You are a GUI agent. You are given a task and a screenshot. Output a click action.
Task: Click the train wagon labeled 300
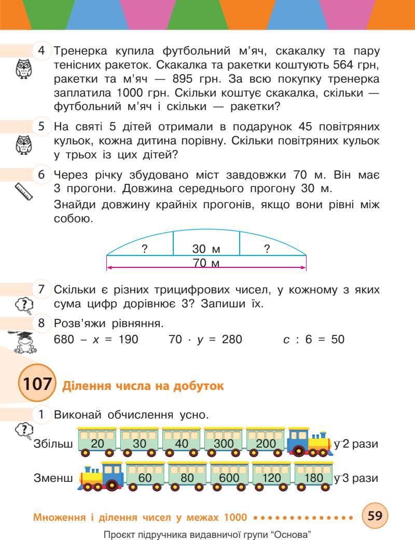click(224, 441)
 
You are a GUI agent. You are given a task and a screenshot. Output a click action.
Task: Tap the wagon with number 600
click(229, 475)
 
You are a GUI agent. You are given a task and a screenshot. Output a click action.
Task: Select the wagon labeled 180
click(313, 475)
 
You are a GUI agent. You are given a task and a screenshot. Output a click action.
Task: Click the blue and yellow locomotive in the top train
click(310, 442)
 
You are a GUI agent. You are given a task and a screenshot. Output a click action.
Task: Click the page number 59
click(375, 516)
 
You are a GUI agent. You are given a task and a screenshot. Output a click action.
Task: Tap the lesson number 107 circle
click(36, 385)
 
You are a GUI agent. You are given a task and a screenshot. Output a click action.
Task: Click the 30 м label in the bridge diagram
click(206, 249)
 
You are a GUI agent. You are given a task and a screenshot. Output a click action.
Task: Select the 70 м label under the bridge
click(206, 263)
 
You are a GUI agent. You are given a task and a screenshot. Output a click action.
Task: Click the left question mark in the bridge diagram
click(145, 249)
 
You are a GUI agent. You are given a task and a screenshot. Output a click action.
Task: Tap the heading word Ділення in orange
click(86, 386)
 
